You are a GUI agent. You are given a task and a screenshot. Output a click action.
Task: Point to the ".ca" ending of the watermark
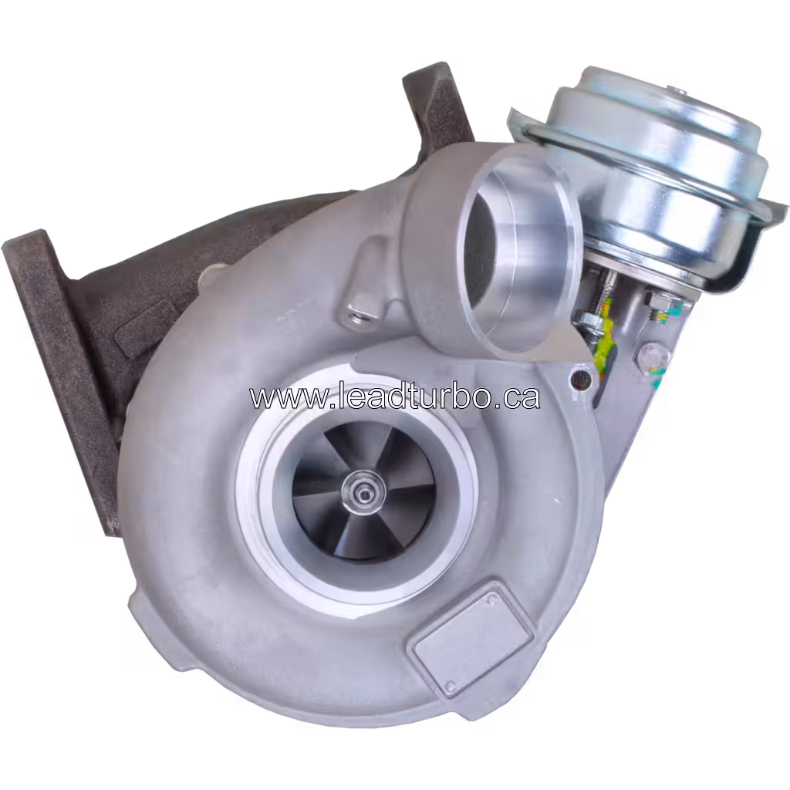[x=517, y=397]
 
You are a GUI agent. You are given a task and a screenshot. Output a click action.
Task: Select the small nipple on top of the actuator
[x=680, y=93]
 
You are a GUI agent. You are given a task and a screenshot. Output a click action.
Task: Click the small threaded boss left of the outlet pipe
[x=357, y=312]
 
